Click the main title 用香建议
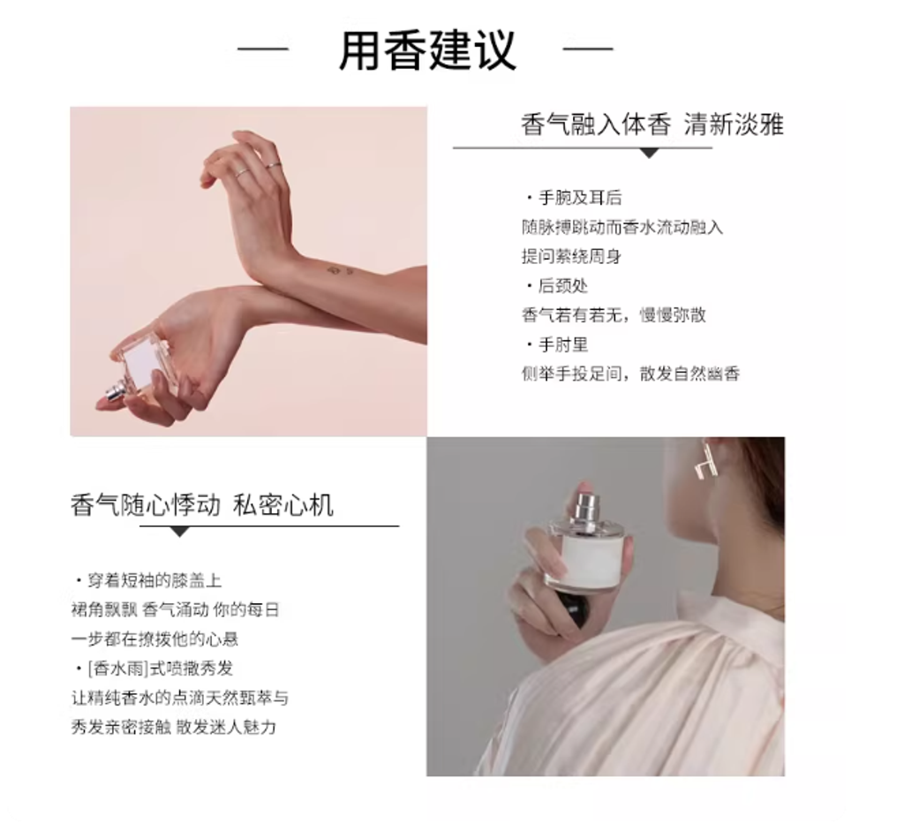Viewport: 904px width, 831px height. tap(427, 50)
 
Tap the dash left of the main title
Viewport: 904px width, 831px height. tap(262, 49)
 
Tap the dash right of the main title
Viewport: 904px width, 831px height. tap(587, 49)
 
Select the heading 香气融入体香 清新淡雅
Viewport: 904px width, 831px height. tap(652, 125)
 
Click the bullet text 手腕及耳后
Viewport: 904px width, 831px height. tap(580, 198)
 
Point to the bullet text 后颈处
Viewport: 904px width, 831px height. tap(563, 285)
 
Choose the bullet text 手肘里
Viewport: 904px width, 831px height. tap(563, 345)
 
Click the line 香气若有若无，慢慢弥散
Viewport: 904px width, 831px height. tap(614, 315)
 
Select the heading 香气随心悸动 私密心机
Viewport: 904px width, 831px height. tap(202, 504)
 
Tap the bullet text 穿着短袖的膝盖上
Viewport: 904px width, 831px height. tap(154, 580)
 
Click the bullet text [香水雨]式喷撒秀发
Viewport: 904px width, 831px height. tap(161, 669)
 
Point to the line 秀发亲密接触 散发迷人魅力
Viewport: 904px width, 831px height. tap(174, 727)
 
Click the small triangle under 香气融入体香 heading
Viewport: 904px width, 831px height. tap(650, 153)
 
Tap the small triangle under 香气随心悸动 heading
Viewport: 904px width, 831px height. tap(180, 532)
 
